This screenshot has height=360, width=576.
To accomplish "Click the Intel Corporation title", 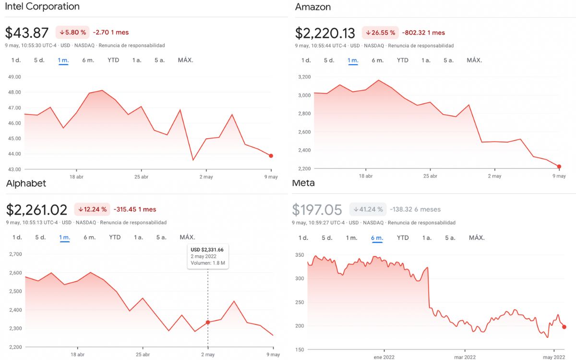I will pos(42,7).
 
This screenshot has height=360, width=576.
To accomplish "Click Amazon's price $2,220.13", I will pos(325,33).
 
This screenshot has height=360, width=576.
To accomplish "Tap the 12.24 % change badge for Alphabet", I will pos(91,209).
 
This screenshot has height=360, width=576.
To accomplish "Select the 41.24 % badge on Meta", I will pos(368,209).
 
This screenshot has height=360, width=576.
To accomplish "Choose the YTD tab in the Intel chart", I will pos(113,60).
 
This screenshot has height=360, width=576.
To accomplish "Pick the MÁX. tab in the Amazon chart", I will pos(474,60).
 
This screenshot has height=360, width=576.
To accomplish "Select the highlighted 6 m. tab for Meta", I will pos(377,238).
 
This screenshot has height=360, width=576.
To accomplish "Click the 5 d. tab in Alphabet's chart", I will pos(40,237).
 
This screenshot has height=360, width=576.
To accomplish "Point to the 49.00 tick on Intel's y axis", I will pos(14,77).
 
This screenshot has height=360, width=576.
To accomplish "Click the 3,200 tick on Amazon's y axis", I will pos(304,77).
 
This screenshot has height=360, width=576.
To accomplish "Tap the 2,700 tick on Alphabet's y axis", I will pos(15,254).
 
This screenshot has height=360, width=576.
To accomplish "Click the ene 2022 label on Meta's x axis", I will pos(384,357).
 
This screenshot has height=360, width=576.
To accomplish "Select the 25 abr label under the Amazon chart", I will pos(430,176).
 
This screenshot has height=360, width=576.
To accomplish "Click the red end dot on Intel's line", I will pos(271,156).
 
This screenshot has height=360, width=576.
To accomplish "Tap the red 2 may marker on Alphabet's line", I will pos(208,323).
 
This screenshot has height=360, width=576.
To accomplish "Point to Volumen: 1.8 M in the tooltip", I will pos(208,263).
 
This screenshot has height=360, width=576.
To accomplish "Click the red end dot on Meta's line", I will pos(564,327).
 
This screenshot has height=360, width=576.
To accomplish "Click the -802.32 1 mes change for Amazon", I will pos(423,33).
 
